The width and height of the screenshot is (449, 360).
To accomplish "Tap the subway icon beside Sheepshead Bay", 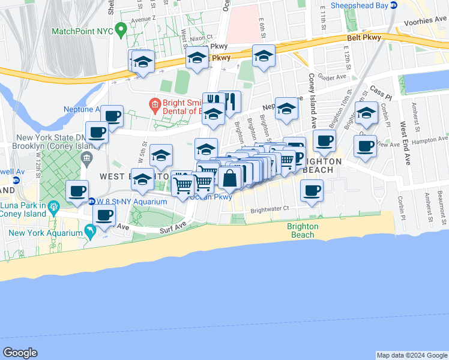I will click(x=394, y=5).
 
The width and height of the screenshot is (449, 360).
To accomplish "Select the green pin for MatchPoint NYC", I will click(x=121, y=28).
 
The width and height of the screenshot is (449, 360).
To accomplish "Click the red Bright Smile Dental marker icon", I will click(x=154, y=105).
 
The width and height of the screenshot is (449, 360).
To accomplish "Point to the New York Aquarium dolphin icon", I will click(x=89, y=231).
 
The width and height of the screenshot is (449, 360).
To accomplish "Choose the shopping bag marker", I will click(x=230, y=178).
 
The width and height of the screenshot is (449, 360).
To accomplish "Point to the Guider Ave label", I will click(x=334, y=77).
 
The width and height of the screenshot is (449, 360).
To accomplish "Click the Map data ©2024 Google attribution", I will click(x=411, y=355).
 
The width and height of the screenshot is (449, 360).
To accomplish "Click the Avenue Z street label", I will click(x=144, y=19).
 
